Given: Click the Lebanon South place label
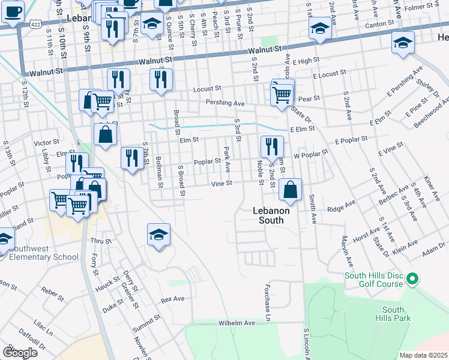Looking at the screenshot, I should click(271, 215).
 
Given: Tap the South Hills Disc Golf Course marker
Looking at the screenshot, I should click(412, 279).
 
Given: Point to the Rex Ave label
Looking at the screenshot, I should click(172, 298).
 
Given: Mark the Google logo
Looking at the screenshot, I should click(19, 353).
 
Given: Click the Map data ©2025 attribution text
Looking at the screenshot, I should click(423, 355).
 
